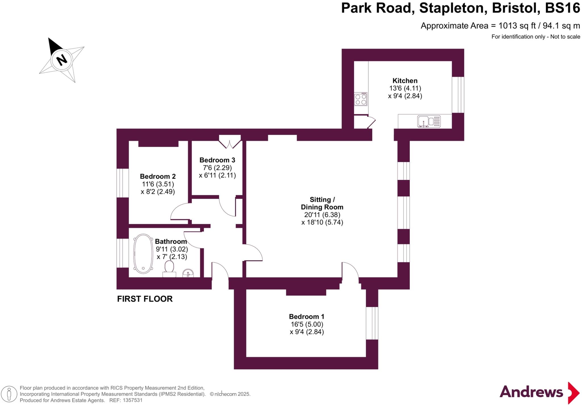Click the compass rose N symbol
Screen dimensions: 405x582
tap(62, 60)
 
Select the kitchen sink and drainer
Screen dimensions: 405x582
tap(429, 121)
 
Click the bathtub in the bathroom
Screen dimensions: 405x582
tap(143, 254)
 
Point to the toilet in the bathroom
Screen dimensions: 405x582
tap(169, 269)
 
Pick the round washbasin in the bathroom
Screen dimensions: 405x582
tap(188, 273)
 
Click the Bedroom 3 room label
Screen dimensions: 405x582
tap(217, 160)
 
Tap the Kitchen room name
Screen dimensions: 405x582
tap(405, 81)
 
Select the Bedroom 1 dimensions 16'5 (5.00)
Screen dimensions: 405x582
tap(307, 324)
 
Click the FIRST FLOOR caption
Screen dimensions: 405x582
tap(145, 299)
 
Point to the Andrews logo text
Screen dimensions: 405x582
tap(531, 392)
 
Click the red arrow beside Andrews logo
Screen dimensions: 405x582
tap(573, 393)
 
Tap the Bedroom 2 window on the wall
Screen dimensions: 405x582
tap(122, 183)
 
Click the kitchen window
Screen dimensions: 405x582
tap(458, 95)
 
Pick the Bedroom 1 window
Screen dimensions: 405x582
tap(372, 323)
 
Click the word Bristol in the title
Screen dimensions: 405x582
tap(516, 8)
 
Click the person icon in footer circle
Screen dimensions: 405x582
tap(9, 394)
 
